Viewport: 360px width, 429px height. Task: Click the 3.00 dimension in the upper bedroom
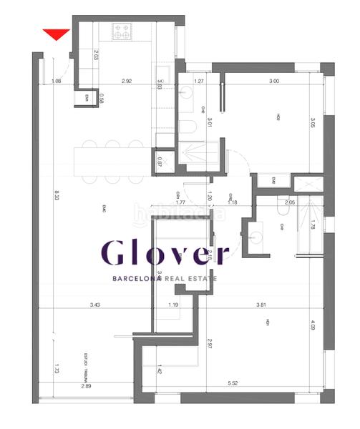pyautogui.click(x=273, y=81)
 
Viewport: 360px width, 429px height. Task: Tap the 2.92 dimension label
pyautogui.click(x=127, y=81)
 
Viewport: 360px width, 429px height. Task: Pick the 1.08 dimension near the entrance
pyautogui.click(x=57, y=81)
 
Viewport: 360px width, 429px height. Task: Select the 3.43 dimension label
pyautogui.click(x=95, y=305)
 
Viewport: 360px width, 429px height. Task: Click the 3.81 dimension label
pyautogui.click(x=262, y=305)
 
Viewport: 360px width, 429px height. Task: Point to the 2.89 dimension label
pyautogui.click(x=86, y=385)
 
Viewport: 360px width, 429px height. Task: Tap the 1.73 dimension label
pyautogui.click(x=57, y=370)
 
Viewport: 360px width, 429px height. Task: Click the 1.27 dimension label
pyautogui.click(x=200, y=81)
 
